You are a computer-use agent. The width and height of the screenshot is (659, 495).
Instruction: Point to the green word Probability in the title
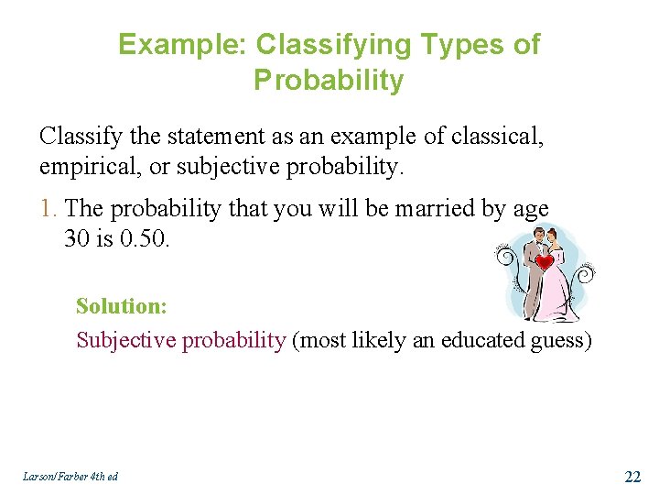coord(329,81)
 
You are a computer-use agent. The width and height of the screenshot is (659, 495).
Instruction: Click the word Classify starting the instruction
coord(77,137)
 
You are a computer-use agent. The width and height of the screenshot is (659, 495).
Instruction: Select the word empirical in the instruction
coord(86,167)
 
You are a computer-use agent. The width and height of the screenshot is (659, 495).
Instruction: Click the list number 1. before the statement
coord(50,209)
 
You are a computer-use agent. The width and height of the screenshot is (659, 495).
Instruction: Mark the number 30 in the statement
coord(77,239)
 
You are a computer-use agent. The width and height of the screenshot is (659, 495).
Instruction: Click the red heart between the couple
coord(546,262)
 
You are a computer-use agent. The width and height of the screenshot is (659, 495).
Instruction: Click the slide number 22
coord(632,476)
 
